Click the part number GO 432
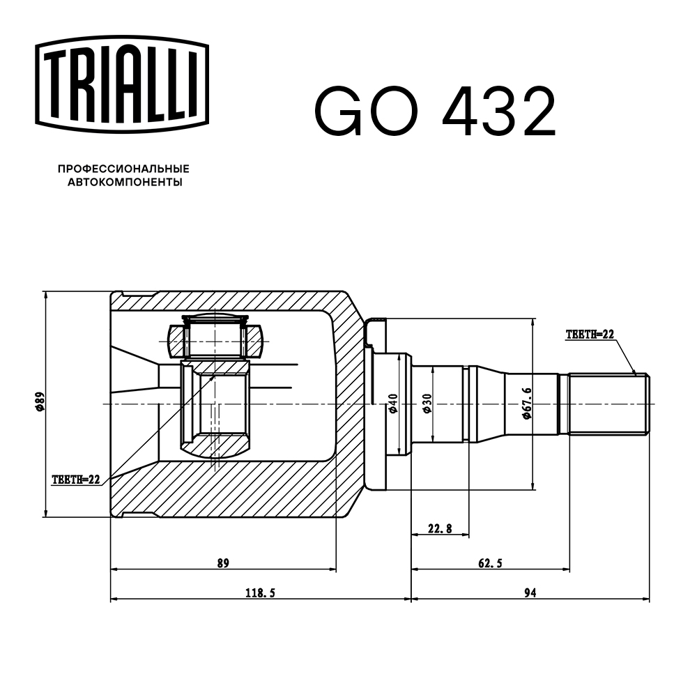click(x=436, y=112)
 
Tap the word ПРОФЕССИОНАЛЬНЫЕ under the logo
click(x=123, y=169)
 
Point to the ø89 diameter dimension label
click(x=40, y=404)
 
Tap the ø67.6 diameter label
click(x=527, y=404)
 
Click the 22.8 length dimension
click(x=439, y=529)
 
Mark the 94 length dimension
click(x=530, y=593)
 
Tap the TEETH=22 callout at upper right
click(x=589, y=335)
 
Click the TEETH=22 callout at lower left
click(x=76, y=480)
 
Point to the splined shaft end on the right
click(x=608, y=404)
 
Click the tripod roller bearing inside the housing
click(x=215, y=339)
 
